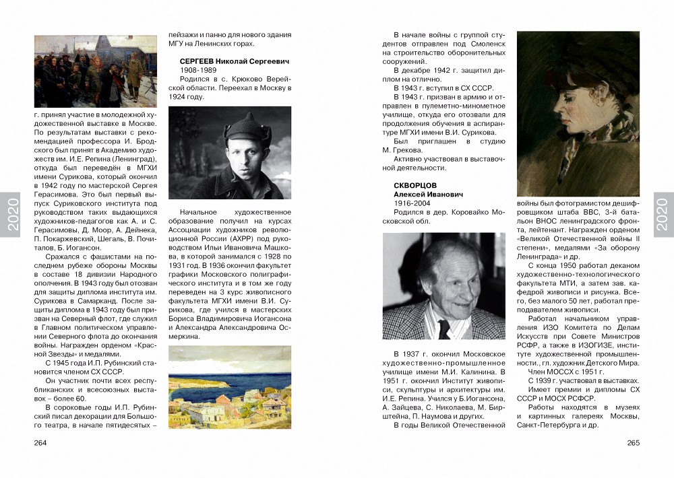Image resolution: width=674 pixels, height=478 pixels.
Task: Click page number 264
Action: (x=40, y=443)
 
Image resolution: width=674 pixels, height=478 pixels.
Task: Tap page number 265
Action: (x=633, y=443)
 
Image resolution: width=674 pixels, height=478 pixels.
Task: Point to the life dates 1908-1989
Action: (x=198, y=70)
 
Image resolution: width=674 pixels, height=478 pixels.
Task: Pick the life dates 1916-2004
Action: (x=412, y=203)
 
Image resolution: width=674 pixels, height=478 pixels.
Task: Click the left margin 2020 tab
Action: (x=13, y=215)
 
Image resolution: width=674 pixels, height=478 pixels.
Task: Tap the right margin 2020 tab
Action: (x=661, y=215)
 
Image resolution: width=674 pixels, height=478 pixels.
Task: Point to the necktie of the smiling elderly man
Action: (x=443, y=329)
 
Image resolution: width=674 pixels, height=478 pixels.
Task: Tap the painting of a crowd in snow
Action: (x=95, y=71)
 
